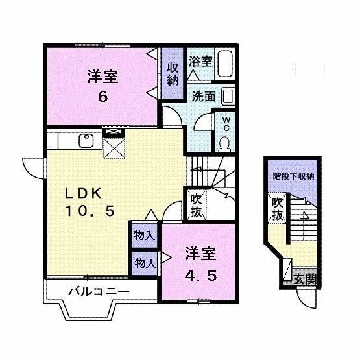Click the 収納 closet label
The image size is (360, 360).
pos(172,74)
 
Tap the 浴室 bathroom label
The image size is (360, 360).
pos(200,62)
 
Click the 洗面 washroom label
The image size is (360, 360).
pos(203,96)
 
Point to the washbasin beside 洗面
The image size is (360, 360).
pos(228,97)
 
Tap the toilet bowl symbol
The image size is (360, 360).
pos(225,144)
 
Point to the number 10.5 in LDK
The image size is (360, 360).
pos(90,211)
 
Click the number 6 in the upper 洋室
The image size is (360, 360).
pos(102,97)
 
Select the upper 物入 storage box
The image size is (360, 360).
pos(144,235)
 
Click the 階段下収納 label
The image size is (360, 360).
pos(293,175)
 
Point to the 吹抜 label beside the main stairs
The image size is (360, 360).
pos(196,204)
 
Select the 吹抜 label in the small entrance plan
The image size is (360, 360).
pos(277,209)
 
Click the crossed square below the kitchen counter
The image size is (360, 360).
pos(115,149)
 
